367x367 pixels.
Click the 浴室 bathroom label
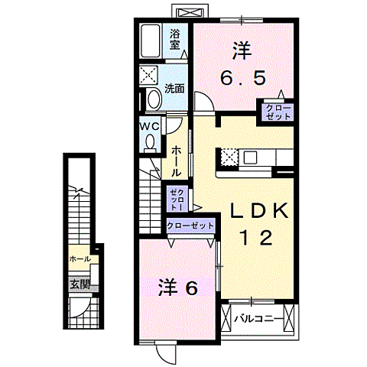pyautogui.click(x=176, y=39)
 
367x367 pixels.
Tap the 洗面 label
pyautogui.click(x=175, y=88)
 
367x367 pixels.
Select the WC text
pyautogui.click(x=149, y=126)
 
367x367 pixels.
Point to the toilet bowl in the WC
pyautogui.click(x=150, y=141)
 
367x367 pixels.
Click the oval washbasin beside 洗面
pyautogui.click(x=152, y=99)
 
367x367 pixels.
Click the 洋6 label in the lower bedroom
pyautogui.click(x=178, y=287)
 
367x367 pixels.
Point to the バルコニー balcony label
pyautogui.click(x=253, y=318)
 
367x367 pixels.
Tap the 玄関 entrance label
pyautogui.click(x=80, y=284)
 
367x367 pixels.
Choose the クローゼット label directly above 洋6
pyautogui.click(x=189, y=227)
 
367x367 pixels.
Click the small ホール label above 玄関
pyautogui.click(x=80, y=259)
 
